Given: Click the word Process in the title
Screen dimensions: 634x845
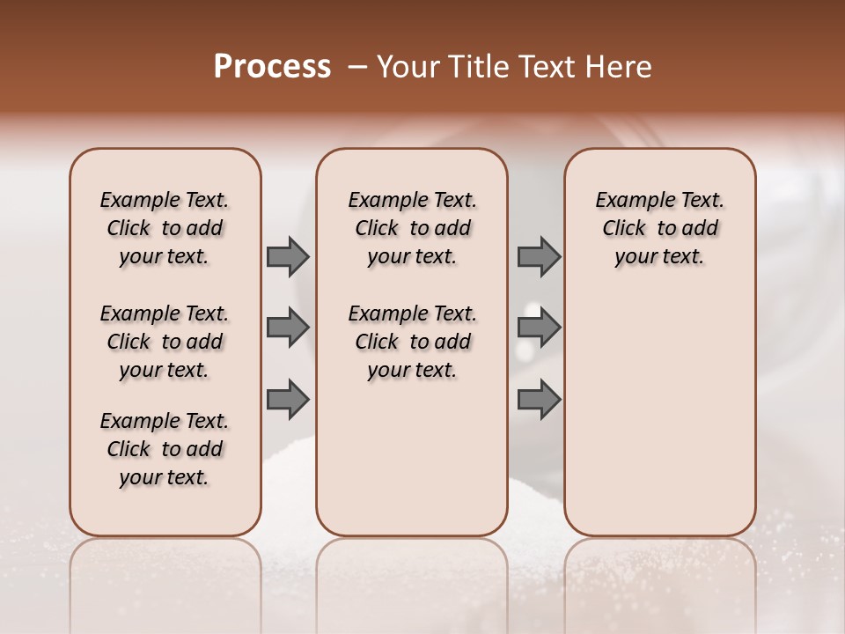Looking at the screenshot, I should (x=272, y=67).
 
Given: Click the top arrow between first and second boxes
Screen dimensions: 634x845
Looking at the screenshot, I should (x=288, y=257).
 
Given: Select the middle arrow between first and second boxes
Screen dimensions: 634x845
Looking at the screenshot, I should (x=288, y=328).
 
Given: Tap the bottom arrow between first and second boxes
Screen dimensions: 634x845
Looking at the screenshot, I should (x=288, y=400).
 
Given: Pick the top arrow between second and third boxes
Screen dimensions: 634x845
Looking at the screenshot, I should (x=539, y=257).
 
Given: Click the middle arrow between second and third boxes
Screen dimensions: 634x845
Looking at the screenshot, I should (x=539, y=328).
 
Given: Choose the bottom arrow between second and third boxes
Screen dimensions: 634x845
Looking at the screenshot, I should (x=539, y=400).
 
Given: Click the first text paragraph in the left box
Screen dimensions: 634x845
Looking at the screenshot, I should (x=165, y=228).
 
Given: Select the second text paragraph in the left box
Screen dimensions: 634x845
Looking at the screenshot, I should (x=165, y=342).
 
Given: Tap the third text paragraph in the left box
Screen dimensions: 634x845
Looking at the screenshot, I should (x=165, y=449).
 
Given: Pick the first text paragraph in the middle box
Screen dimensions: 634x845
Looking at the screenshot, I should (x=412, y=228).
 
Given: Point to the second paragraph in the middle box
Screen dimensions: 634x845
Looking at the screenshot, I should (x=412, y=342).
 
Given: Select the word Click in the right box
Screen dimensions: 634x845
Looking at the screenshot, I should (x=624, y=229).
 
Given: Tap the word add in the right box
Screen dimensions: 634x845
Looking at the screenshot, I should (x=700, y=229).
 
